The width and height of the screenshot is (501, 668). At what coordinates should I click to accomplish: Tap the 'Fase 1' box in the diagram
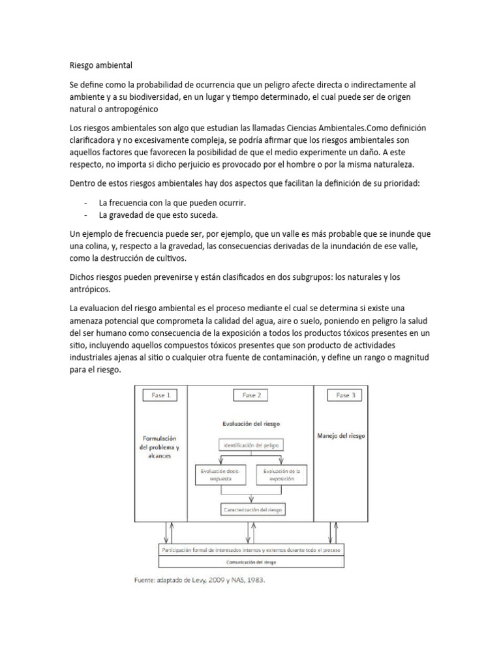(x=159, y=395)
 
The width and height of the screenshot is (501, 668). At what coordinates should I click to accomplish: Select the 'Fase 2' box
(x=251, y=395)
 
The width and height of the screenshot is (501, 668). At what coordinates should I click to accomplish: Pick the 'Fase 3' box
(x=344, y=395)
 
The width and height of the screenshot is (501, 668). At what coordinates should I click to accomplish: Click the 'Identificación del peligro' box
(x=251, y=445)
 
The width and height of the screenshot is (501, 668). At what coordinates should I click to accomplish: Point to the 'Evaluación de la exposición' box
(x=284, y=474)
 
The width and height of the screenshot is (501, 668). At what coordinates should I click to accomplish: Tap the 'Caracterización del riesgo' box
(x=251, y=509)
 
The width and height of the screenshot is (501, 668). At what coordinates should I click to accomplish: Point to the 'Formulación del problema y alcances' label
(x=159, y=448)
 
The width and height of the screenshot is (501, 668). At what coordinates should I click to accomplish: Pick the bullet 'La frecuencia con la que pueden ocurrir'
(x=172, y=203)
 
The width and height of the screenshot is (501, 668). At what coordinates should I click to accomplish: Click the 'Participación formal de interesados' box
(x=251, y=549)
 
